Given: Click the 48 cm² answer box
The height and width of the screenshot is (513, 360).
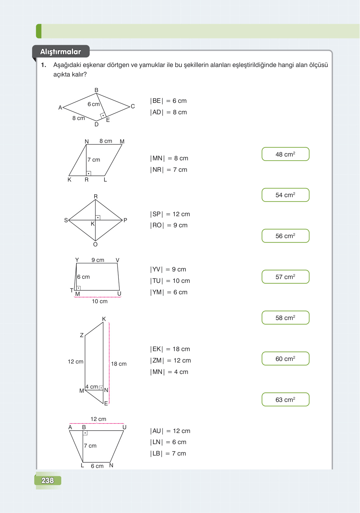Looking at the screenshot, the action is coord(285,154).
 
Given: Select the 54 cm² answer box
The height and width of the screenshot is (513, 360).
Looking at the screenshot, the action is coord(285,195).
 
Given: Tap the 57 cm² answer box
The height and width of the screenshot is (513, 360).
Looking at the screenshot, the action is coord(285,276).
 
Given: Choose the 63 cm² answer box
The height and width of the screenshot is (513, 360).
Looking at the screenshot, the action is coord(285,399).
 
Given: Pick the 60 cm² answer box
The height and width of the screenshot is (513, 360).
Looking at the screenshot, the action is coord(285,358).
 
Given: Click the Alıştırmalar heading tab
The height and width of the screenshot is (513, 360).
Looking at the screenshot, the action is coord(61,51).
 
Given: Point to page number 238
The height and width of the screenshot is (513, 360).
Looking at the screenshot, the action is coord(48,480).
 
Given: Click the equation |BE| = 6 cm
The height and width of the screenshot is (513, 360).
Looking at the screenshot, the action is coord(168,101).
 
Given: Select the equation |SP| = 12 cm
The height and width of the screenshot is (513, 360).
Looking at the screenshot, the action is coord(170,214).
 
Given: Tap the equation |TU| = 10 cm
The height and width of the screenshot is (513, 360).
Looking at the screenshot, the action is coord(170,281).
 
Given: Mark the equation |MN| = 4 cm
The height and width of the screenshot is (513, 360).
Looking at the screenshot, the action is coord(169,372).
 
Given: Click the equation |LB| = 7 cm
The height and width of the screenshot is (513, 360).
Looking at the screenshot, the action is coord(168,453).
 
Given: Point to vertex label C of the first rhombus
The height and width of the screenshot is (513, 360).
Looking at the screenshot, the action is coord(133,106).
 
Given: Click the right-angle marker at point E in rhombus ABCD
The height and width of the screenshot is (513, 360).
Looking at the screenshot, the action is coord(103,116).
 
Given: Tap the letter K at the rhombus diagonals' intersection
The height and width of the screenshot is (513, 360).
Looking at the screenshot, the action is coord(92,224).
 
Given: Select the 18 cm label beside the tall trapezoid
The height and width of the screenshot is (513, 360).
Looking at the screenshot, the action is coord(119,364).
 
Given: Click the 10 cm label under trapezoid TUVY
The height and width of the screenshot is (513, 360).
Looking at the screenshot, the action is coord(100,301).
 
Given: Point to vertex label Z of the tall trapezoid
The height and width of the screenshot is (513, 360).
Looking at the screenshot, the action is coord(82,335).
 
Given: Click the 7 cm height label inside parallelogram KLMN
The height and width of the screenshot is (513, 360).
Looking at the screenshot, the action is coord(94,160).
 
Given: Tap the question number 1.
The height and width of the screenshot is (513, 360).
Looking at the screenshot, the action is coord(43,65).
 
